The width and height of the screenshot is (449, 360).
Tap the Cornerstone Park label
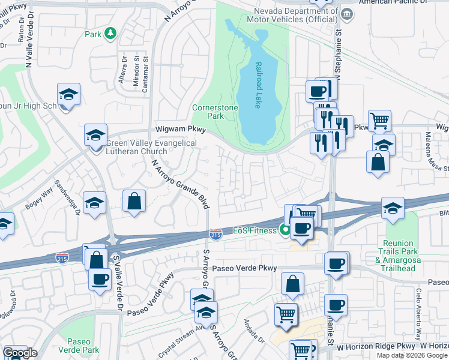[215, 112]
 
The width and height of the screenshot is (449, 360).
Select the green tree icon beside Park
[110, 34]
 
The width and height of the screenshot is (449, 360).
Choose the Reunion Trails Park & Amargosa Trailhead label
[412, 250]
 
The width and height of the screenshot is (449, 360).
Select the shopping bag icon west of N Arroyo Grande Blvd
[134, 200]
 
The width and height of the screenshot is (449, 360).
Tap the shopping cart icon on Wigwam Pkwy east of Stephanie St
[379, 120]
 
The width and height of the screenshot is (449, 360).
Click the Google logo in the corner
[19, 353]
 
